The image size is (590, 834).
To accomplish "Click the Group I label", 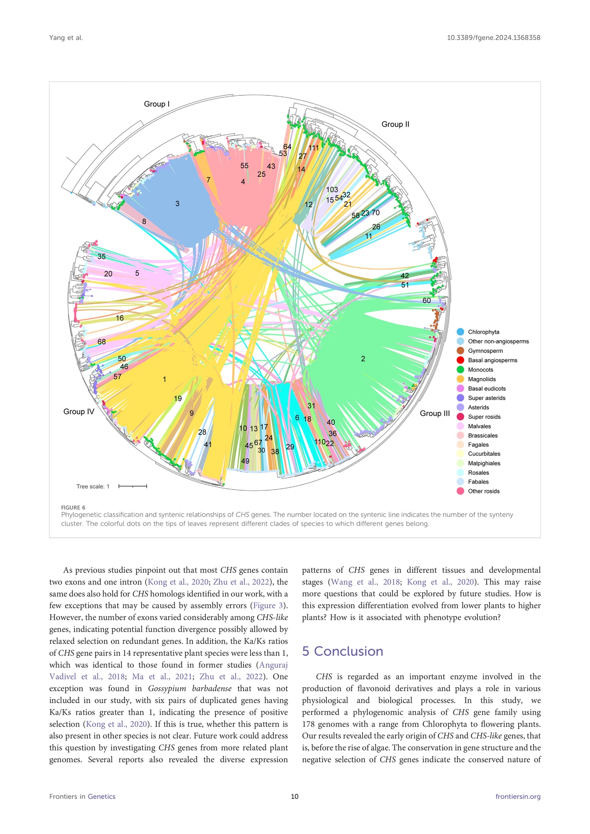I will coord(157,104).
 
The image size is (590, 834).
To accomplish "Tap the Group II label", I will coord(395,124).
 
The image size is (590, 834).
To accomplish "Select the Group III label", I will coord(435,413).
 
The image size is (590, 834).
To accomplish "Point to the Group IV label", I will coord(79,412).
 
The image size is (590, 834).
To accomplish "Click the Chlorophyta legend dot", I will coord(460,332).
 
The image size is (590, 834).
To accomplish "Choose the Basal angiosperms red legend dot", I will coord(460,360).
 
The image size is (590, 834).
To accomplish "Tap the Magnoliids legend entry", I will coord(481,379).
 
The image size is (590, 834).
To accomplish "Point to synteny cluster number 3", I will coord(177,203).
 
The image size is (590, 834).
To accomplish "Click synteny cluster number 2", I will coord(363,359).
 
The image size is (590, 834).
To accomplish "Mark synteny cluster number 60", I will coord(426,300).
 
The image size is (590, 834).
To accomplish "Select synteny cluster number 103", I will coord(332,190).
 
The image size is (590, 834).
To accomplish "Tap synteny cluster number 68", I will coord(102,342).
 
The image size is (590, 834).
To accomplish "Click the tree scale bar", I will coord(132,486).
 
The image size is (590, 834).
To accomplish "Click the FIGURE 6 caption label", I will coord(73,507).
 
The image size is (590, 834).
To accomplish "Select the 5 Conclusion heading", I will coord(342,651).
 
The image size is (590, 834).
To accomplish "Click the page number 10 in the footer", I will coord(295,797).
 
